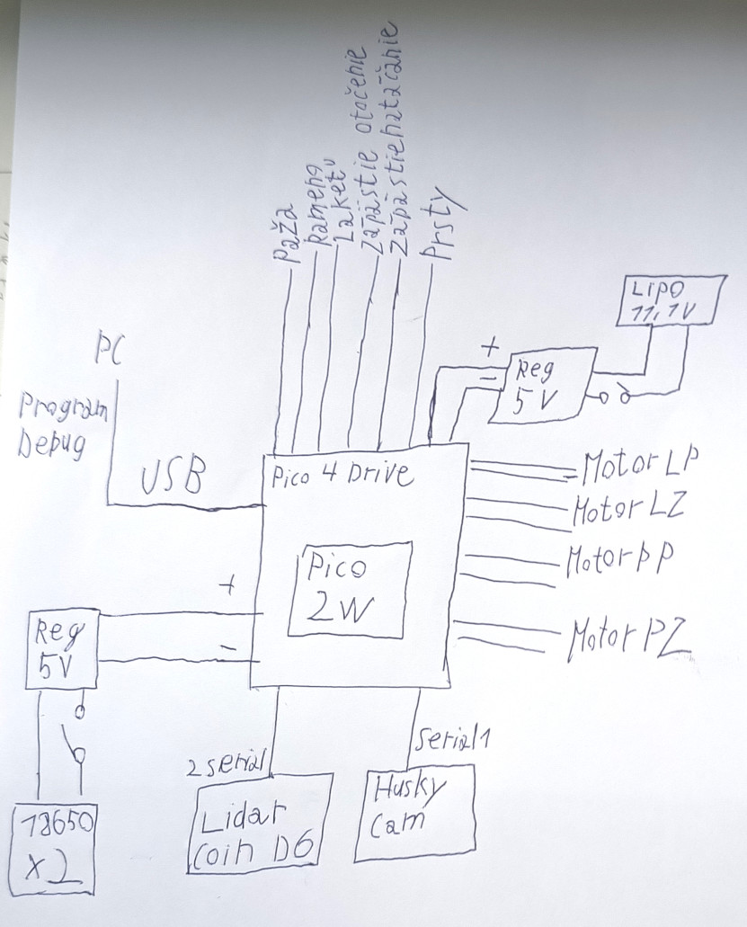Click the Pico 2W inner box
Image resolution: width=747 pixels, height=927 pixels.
coord(350,588)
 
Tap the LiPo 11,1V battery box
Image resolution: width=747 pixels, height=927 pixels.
coord(669,300)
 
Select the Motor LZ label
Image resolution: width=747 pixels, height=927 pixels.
coord(627,510)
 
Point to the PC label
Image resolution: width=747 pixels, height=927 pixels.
coord(109,350)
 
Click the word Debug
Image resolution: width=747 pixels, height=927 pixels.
coord(50,444)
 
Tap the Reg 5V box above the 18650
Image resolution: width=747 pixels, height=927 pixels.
coord(61,650)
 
